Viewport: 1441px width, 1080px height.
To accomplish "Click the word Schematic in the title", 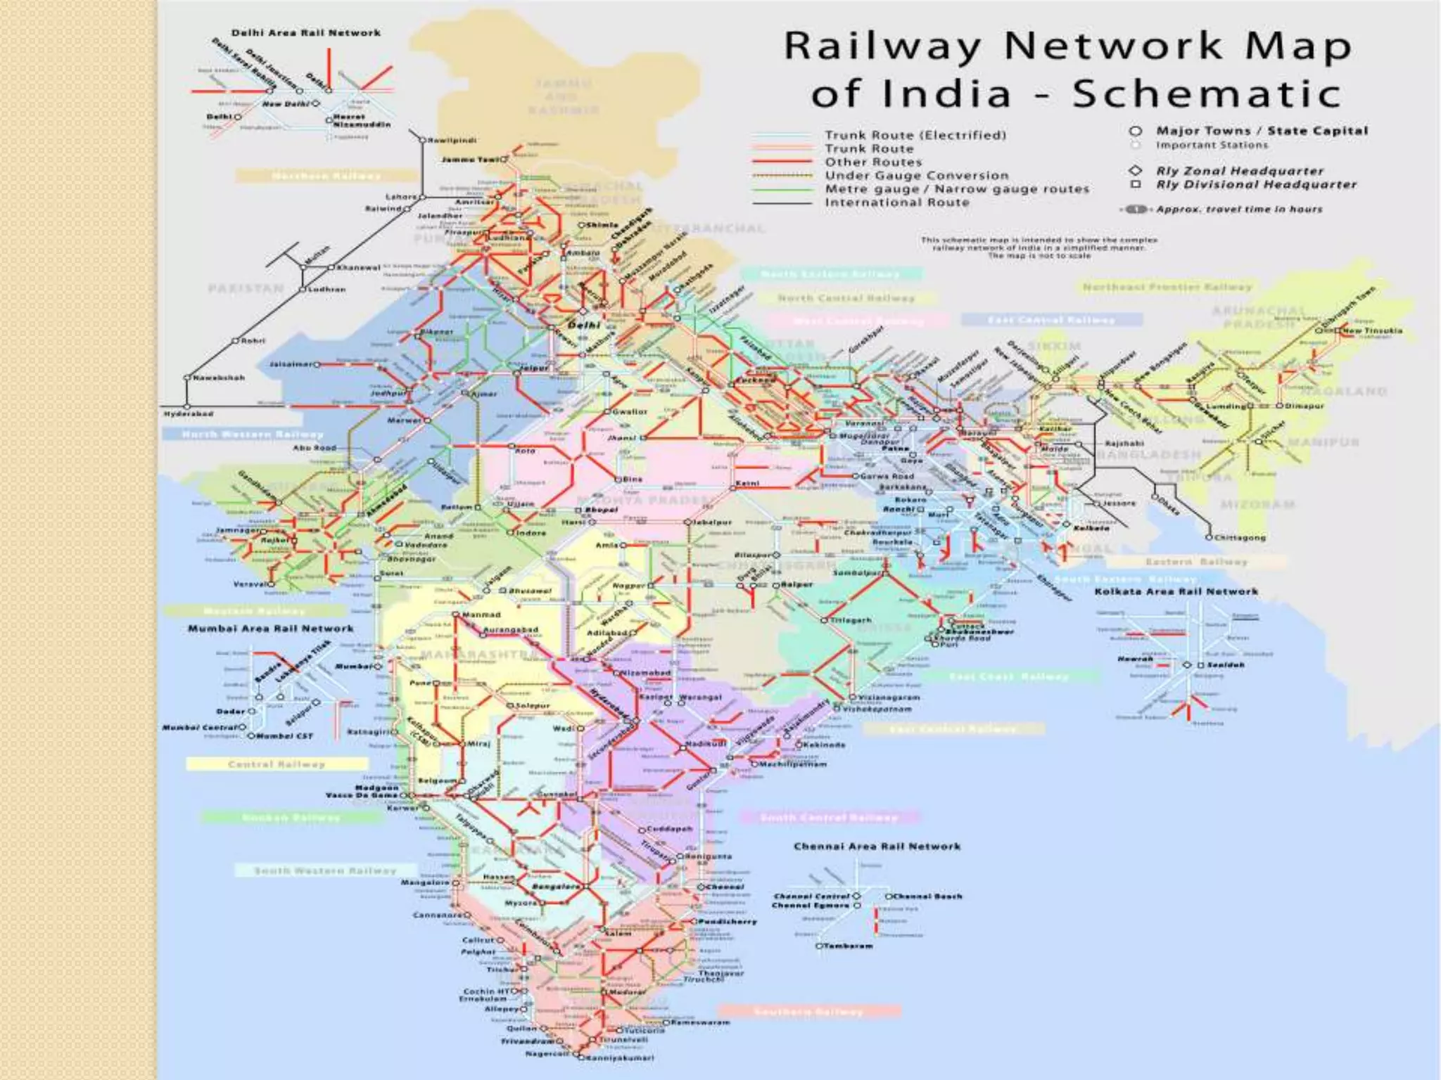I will tap(1206, 94).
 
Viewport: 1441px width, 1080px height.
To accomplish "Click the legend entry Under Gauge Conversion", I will tap(917, 176).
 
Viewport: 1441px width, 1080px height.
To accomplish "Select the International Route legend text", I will tap(897, 202).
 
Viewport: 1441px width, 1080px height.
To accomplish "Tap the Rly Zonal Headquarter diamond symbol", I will tap(1135, 171).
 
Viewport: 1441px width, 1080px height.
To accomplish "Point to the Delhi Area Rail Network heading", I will tap(306, 33).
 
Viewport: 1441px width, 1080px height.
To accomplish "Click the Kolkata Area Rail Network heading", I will tap(1176, 591).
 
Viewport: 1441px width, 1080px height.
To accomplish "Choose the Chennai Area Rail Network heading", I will tap(877, 847).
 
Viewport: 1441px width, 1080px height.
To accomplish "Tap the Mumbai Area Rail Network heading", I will tap(270, 629).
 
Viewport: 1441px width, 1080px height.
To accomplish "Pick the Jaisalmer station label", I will tap(291, 364).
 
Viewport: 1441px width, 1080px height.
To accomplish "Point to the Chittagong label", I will tap(1240, 537).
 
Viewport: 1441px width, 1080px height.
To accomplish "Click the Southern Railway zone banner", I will tap(808, 1012).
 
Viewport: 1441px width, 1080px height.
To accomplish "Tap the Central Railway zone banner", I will tap(277, 764).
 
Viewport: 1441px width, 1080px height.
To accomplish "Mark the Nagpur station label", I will tap(629, 585).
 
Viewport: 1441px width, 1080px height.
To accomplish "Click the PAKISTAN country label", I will tap(246, 288).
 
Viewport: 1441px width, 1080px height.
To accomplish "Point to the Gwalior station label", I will tap(629, 411).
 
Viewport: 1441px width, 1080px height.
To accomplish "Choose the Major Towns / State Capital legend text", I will tap(1262, 131).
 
